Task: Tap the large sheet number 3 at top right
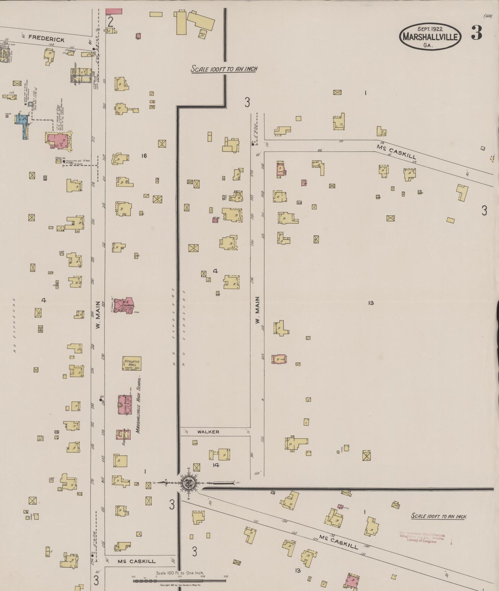point(477,33)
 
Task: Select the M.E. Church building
point(124,306)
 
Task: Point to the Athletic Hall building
point(132,363)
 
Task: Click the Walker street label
point(208,432)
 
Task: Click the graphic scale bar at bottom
point(180,581)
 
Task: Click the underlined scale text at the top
point(224,69)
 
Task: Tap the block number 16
point(144,156)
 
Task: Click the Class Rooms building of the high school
point(123,404)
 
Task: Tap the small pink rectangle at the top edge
point(114,11)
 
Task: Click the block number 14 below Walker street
point(216,465)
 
